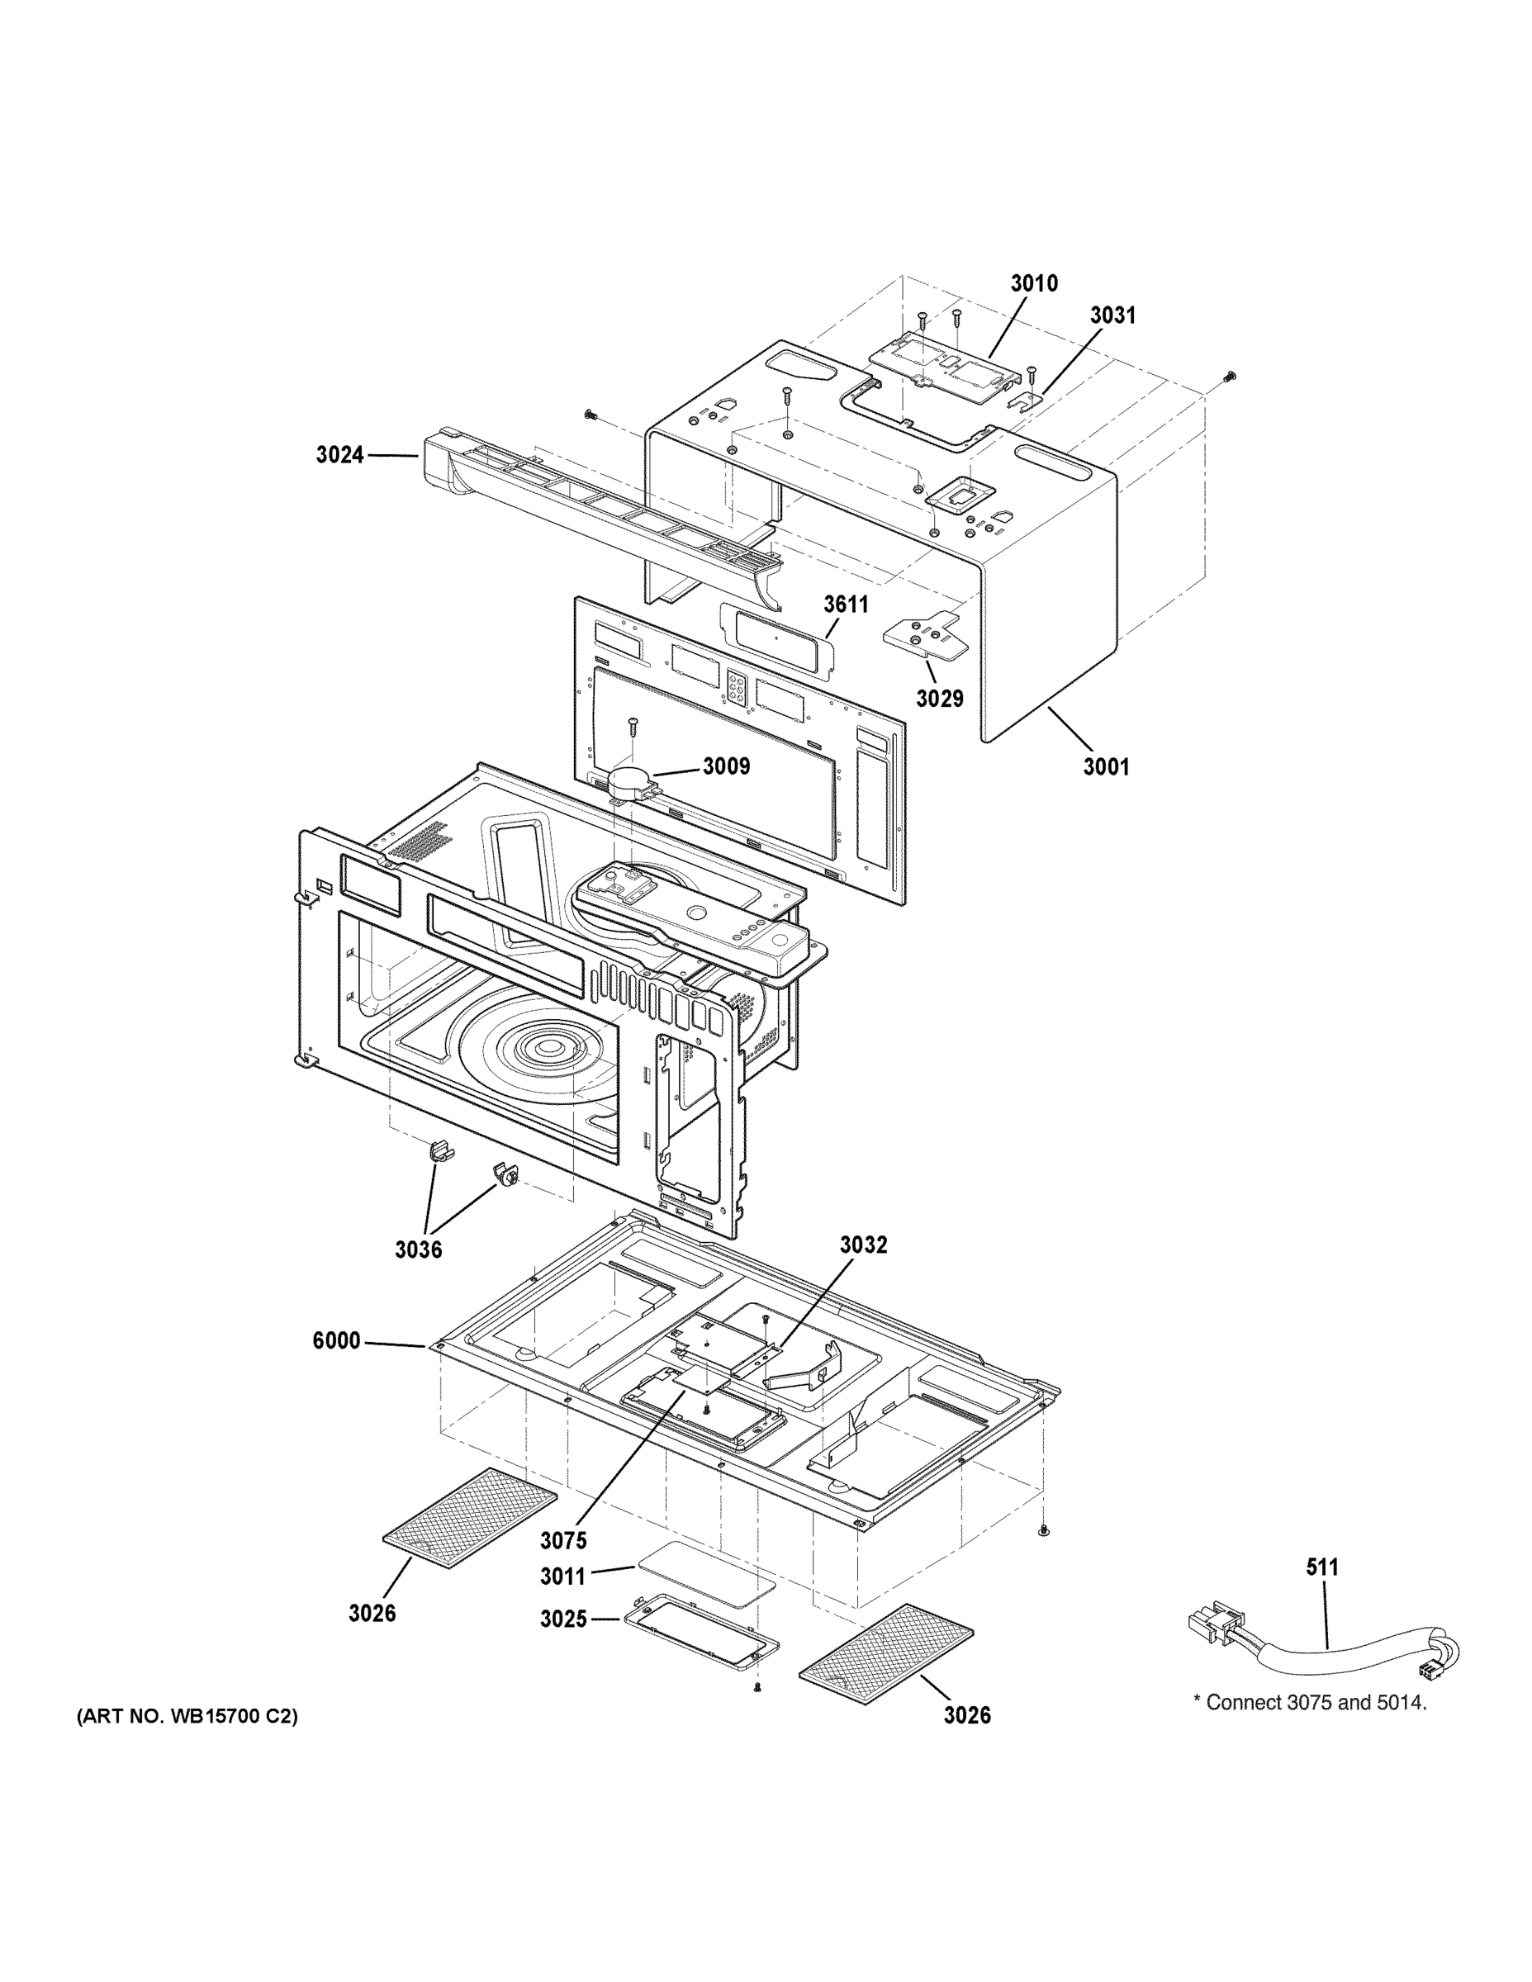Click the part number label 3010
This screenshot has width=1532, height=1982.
click(1034, 283)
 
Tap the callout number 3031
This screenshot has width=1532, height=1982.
click(1112, 315)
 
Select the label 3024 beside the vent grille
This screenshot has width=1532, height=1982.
click(339, 455)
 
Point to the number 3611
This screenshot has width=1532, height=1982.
click(846, 605)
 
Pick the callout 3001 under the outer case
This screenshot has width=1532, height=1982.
click(1107, 767)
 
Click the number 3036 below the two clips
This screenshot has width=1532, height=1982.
click(419, 1249)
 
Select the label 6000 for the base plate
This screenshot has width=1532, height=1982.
click(337, 1340)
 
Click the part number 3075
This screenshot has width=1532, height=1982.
click(563, 1540)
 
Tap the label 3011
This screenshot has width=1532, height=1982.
click(563, 1577)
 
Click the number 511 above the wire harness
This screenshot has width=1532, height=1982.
click(1322, 1567)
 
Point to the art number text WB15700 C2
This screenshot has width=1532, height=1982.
click(187, 1716)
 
